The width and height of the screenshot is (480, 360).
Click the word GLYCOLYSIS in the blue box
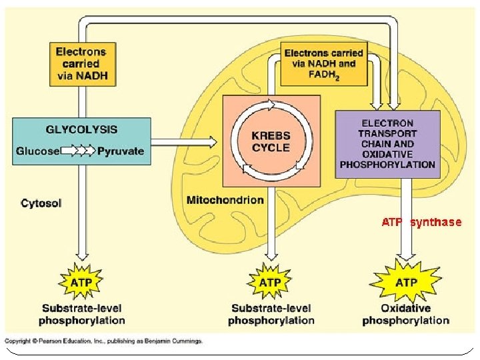(81, 129)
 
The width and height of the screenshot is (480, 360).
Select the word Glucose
(37, 151)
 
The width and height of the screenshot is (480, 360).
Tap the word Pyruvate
(121, 151)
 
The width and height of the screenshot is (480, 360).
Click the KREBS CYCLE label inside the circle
(271, 142)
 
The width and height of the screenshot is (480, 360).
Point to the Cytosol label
(41, 203)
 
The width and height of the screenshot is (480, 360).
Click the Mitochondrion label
(225, 200)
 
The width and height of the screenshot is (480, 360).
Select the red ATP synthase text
(421, 222)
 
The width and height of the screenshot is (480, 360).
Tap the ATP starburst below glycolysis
(81, 282)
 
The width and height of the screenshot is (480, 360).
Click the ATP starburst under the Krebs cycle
(270, 282)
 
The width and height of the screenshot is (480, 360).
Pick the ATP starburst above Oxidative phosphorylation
(406, 282)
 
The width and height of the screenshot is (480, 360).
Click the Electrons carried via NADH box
(81, 64)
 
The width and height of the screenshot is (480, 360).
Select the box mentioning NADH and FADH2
(324, 64)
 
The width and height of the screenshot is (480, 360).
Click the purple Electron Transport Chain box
(387, 144)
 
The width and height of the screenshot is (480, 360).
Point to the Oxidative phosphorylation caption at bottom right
(405, 315)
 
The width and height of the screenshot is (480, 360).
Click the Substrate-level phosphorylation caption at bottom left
(81, 315)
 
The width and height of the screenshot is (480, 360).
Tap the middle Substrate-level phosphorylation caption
(271, 315)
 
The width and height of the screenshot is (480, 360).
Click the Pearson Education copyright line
(103, 341)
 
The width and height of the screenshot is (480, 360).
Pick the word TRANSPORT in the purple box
(387, 133)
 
